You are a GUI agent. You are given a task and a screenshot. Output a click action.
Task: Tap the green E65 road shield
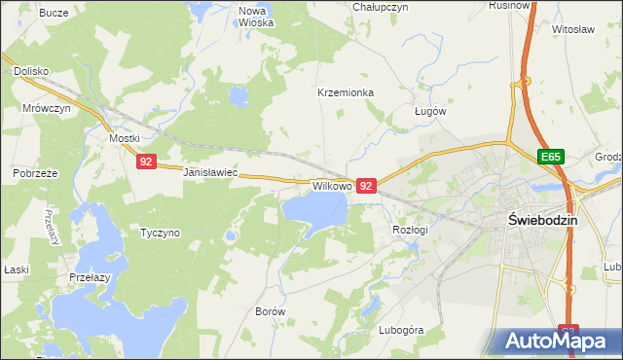[552, 156]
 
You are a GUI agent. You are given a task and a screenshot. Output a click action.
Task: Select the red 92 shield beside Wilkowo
[366, 184]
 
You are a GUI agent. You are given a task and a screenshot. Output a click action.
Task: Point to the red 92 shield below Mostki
[145, 162]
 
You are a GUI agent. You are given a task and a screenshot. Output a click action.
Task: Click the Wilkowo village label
[331, 184]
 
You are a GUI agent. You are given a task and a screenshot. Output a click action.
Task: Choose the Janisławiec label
[211, 172]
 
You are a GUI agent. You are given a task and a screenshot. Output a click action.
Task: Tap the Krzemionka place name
[346, 92]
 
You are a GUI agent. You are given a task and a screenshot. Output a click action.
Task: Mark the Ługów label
[429, 111]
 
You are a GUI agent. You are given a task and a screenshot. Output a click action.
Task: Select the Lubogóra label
[402, 330]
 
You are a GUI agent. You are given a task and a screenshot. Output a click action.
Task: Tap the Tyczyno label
[161, 233]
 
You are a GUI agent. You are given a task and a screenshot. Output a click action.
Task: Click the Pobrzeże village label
[36, 172]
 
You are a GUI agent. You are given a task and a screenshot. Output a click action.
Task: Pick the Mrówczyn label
[47, 109]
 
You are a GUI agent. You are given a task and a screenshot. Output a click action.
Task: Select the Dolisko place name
[31, 71]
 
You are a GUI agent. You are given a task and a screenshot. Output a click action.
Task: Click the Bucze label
[54, 13]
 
